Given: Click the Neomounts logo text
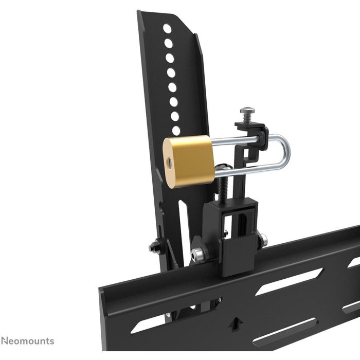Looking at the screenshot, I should (x=27, y=341).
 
